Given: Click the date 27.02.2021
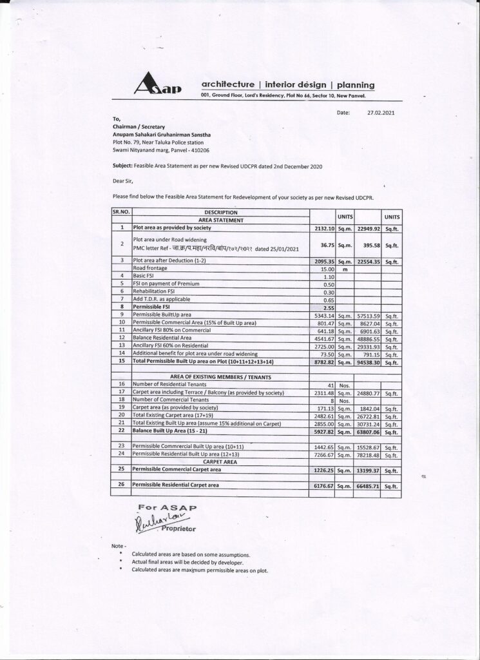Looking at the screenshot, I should tap(379, 112).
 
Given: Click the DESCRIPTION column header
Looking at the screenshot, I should tap(221, 212).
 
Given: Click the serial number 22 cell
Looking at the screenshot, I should tap(121, 429).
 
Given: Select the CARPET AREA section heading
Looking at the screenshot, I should tap(220, 462).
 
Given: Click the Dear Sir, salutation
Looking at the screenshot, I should tap(122, 181).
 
